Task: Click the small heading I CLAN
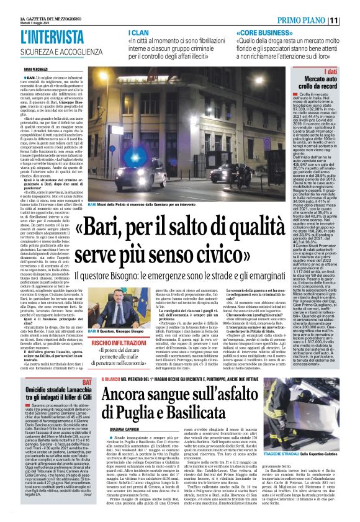pyautogui.click(x=137, y=32)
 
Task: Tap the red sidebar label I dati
pyautogui.click(x=345, y=72)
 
